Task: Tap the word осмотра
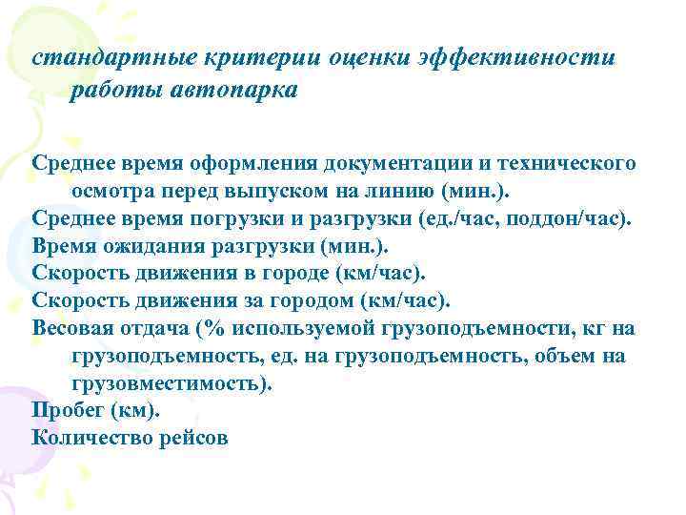click(113, 190)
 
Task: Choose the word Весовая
click(74, 328)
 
